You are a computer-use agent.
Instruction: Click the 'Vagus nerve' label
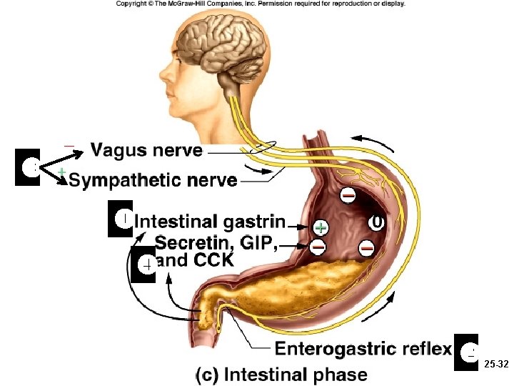point(147,150)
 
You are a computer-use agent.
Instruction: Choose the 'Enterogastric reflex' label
point(363,349)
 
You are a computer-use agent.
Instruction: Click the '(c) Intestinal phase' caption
point(282,374)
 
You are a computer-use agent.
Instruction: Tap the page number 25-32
point(495,364)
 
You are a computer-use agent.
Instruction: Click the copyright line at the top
point(260,4)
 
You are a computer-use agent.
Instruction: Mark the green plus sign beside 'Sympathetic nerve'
point(62,172)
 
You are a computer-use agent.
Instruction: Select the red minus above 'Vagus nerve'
point(69,147)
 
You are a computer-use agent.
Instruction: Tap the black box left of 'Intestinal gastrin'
point(121,219)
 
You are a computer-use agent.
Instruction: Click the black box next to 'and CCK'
point(143,264)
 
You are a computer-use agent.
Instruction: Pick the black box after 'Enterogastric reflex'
point(466,352)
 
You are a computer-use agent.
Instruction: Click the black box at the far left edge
point(28,167)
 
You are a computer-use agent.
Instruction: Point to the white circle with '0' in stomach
point(376,222)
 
